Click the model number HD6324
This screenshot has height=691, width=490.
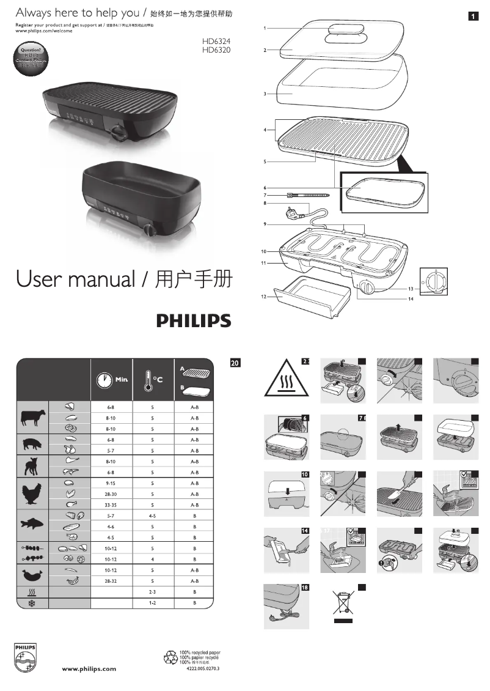216,41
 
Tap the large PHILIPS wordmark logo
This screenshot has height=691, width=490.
194,321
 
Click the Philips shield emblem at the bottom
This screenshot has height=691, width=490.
26,657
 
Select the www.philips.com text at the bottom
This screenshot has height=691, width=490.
89,669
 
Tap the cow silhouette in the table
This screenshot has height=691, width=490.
32,418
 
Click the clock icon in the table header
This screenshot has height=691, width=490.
104,379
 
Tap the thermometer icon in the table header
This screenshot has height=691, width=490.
146,379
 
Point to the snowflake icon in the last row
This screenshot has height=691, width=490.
32,603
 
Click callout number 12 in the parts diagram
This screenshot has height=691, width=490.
264,296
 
